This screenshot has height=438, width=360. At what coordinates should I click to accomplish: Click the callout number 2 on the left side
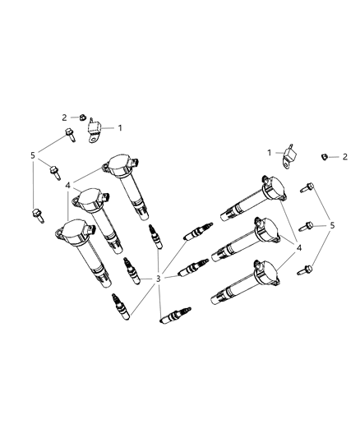point(63,118)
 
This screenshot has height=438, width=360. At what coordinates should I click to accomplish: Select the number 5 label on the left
point(33,154)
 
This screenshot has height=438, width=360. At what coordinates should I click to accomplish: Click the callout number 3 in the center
point(159,279)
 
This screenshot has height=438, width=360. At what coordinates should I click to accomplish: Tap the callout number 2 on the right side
point(345,156)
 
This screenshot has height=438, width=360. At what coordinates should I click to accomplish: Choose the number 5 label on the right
point(333,225)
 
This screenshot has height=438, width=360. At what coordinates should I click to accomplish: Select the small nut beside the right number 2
point(327,155)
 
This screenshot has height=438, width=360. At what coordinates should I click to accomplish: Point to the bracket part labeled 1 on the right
point(288,157)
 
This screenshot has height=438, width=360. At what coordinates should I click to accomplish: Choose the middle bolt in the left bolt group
point(54,172)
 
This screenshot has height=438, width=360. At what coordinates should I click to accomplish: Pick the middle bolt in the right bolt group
point(309,224)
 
